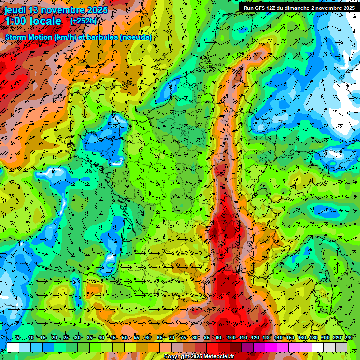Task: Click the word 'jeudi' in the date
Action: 15,10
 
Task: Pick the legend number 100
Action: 231,337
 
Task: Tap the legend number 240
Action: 348,337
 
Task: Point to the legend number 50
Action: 125,337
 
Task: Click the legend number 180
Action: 313,337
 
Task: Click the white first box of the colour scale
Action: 13,347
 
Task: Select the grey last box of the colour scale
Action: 341,347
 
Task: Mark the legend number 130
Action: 266,337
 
